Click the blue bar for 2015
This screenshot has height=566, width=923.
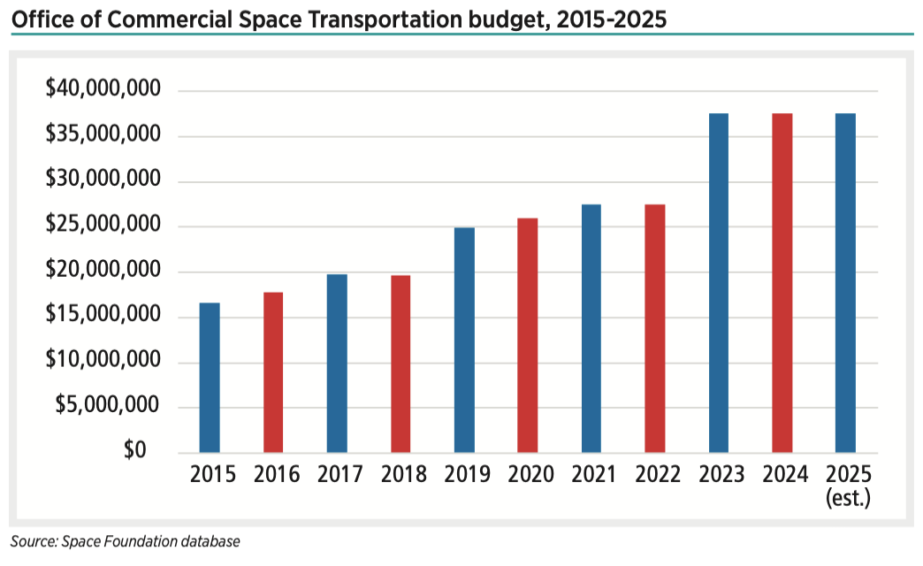point(210,378)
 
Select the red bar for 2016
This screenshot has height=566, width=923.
point(273,372)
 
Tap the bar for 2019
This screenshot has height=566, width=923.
point(464,340)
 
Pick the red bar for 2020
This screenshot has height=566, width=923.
point(528,335)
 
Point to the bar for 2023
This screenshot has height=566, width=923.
point(719,283)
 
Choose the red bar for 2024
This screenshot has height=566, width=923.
point(782,283)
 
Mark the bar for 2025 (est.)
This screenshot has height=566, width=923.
point(846,283)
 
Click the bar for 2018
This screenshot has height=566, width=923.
point(400,363)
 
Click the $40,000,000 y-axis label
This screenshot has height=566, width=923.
point(103,90)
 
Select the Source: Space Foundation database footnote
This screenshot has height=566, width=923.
point(125,541)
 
